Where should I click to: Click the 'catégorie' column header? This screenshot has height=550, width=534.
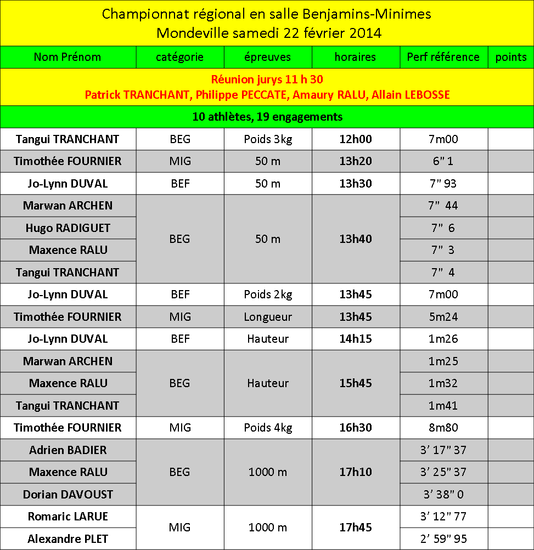pos(180,57)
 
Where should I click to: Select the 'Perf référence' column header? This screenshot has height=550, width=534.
pos(443,57)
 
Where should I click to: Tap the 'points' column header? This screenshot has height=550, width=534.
pos(510,57)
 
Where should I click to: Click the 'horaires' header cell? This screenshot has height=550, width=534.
pos(356,57)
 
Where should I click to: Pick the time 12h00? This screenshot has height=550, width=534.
pos(356,139)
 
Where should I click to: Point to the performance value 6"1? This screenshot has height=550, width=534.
pos(443,161)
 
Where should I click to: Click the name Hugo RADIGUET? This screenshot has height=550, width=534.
pos(68,228)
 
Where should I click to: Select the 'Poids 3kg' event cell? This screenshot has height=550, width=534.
pos(268,139)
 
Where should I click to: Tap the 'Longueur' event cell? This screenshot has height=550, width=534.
pos(268,317)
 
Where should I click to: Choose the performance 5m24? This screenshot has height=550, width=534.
pos(443,317)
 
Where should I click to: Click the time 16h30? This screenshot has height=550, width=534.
pos(356,428)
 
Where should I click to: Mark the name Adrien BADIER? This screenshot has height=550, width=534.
pos(68,450)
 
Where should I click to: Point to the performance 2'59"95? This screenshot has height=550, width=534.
pos(443,539)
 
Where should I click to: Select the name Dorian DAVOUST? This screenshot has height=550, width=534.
pos(68,495)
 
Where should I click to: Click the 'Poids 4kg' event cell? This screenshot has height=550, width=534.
pos(268,428)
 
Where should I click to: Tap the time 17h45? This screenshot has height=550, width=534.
pos(356,528)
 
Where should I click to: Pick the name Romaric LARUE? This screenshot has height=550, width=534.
pos(68,517)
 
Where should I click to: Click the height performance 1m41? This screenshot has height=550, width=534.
pos(443,406)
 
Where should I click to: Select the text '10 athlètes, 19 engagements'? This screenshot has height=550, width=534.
pos(267,117)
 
